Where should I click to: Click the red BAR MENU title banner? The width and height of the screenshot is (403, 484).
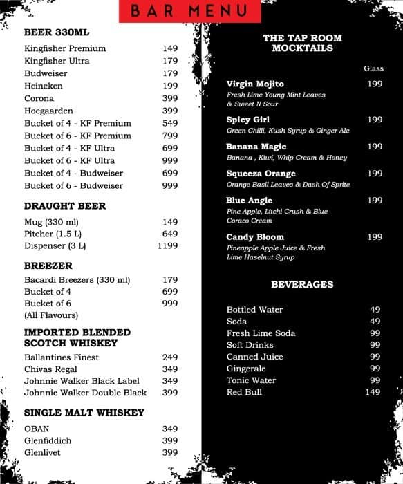(189, 11)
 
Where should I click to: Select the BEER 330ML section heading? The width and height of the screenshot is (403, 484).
(57, 32)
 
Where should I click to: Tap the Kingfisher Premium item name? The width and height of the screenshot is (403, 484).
(65, 48)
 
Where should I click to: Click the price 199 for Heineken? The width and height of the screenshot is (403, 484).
(170, 86)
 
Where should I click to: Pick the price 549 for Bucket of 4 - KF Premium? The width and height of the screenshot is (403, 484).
(170, 123)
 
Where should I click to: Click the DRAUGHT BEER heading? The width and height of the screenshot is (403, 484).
(65, 206)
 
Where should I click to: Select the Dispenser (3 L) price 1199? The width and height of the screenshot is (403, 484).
(167, 245)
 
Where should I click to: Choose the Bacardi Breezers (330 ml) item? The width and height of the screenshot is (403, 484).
(77, 280)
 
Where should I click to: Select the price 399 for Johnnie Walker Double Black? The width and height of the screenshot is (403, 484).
(170, 393)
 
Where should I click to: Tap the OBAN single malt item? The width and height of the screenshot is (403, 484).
(37, 429)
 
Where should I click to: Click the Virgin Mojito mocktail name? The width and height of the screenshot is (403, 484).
(255, 84)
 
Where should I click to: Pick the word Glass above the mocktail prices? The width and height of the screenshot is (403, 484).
(373, 68)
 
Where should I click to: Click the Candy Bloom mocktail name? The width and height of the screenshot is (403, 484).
(255, 237)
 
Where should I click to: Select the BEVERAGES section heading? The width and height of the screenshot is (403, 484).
(302, 284)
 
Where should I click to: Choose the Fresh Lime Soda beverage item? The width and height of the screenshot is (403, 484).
(261, 333)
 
